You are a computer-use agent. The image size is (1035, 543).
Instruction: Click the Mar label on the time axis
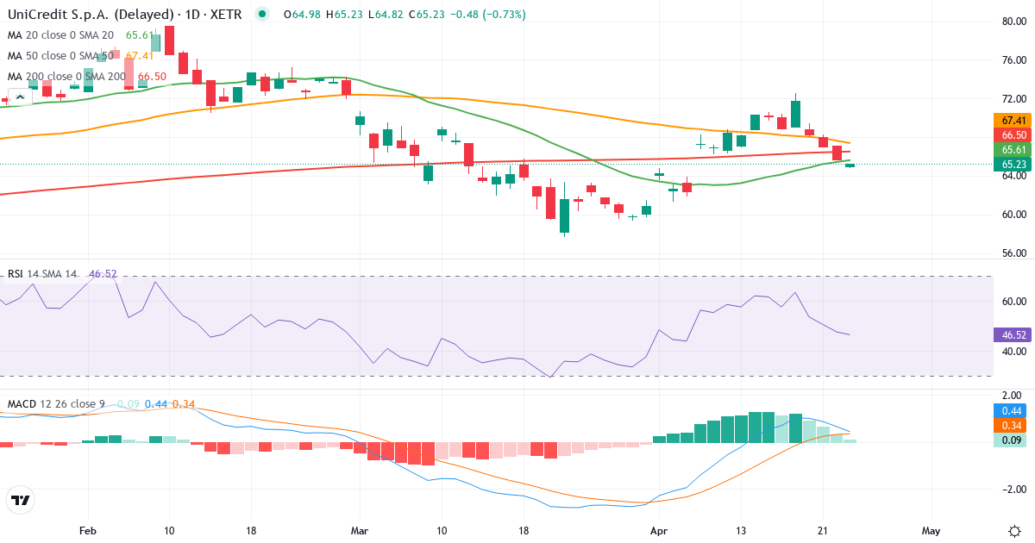[x=359, y=530]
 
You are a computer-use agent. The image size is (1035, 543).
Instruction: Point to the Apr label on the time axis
[x=659, y=530]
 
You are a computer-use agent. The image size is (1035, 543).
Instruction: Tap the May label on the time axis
[x=931, y=530]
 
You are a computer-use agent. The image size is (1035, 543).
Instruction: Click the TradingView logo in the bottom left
[x=21, y=500]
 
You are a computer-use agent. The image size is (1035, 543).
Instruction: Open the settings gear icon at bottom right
[x=1014, y=530]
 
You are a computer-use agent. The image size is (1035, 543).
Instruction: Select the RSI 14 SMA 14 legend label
[x=42, y=274]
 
